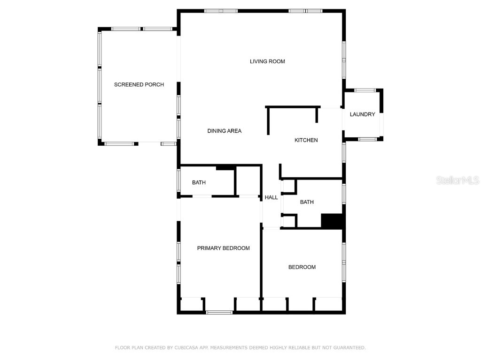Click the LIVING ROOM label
tap(267, 61)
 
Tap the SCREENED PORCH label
tap(139, 85)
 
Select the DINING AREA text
tap(225, 131)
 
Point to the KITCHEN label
tap(306, 140)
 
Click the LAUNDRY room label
tap(363, 114)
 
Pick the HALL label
tap(271, 197)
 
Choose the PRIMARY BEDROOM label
tap(223, 248)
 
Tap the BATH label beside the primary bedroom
tap(199, 182)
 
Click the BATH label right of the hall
tap(307, 202)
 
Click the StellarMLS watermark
tap(458, 180)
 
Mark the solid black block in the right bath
tap(332, 220)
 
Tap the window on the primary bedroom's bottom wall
tap(219, 312)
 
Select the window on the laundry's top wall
tap(365, 90)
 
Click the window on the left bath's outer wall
tap(178, 180)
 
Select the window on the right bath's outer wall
tap(344, 194)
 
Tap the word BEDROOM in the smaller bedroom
tap(302, 267)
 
